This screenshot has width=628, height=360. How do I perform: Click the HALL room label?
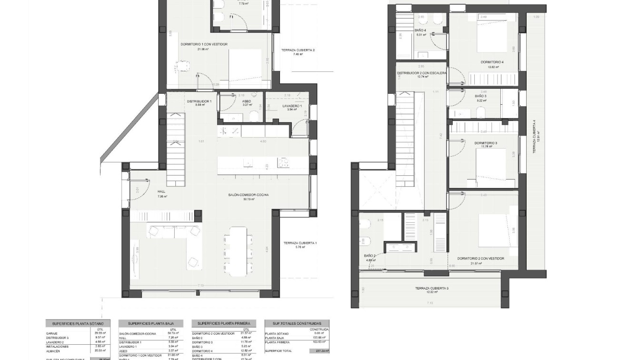pos(161,192)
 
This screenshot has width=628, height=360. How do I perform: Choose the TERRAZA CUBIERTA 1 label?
pos(299,243)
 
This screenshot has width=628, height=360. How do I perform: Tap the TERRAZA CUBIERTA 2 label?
pos(298,50)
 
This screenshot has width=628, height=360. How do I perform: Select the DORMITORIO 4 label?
pos(492,62)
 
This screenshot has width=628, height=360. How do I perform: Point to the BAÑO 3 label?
pos(480,96)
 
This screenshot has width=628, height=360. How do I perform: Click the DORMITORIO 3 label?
pos(485,143)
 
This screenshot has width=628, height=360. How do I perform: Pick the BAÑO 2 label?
pos(370,256)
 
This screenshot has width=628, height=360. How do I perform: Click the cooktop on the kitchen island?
pos(284,163)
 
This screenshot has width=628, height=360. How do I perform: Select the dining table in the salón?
pos(238,251)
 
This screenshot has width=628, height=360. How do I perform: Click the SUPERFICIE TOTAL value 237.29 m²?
pos(322,351)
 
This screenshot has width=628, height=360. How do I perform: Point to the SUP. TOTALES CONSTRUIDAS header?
pos(297,323)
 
